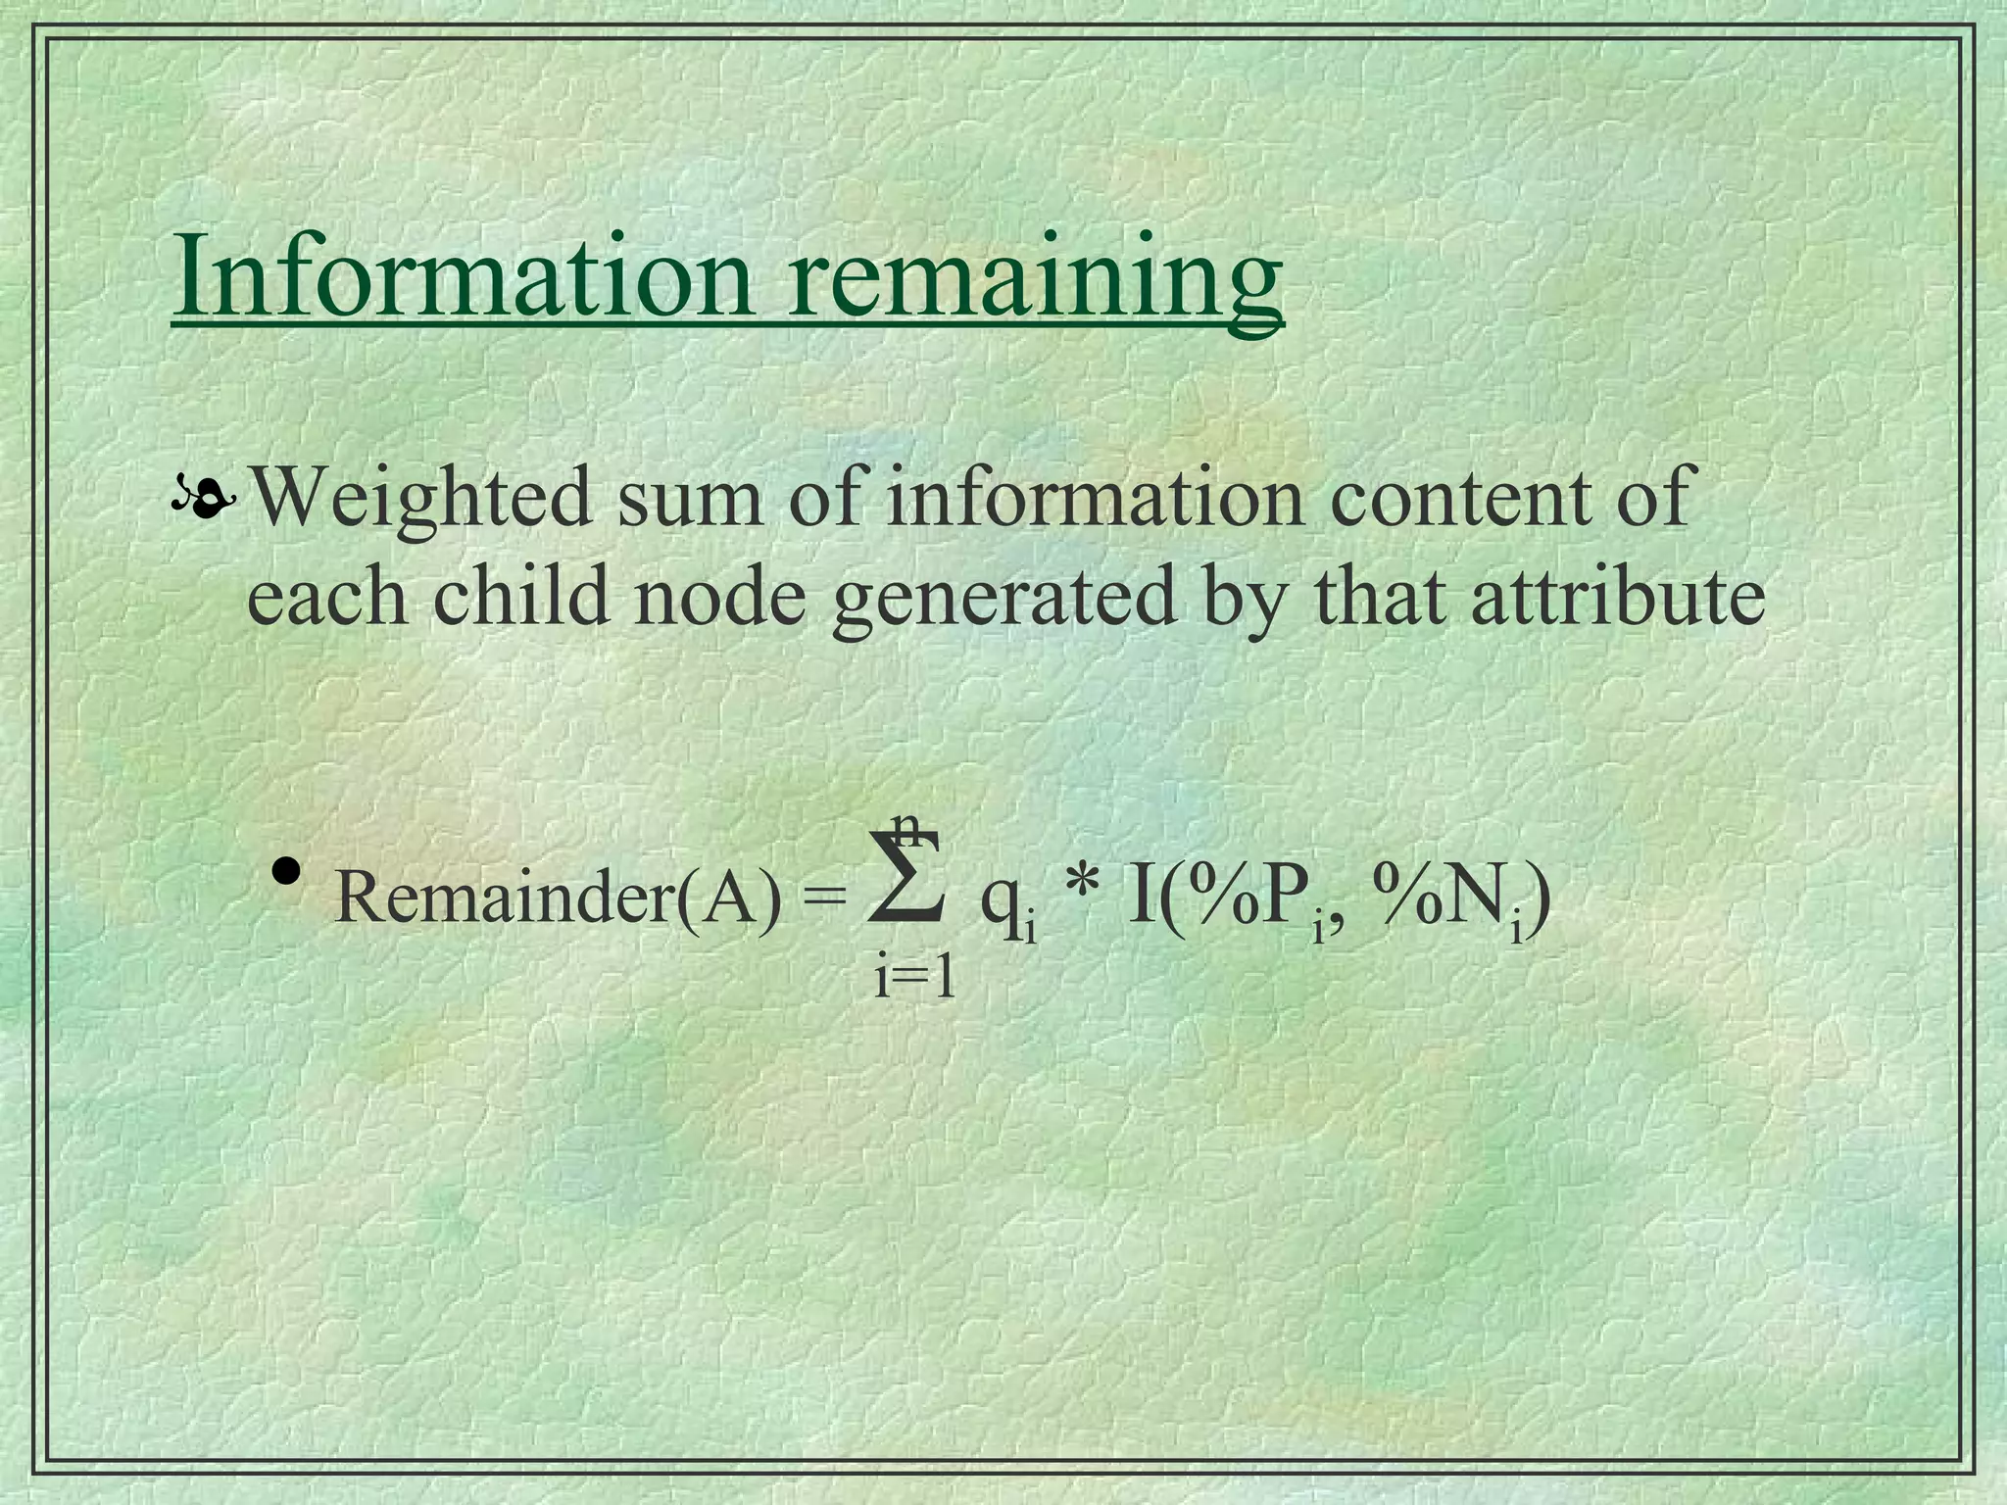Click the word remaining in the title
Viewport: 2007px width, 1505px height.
pyautogui.click(x=1035, y=279)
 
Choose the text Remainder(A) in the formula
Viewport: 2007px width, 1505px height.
pyautogui.click(x=559, y=898)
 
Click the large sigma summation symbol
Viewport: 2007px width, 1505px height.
pyautogui.click(x=907, y=877)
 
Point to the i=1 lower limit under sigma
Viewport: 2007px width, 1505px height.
pyautogui.click(x=913, y=978)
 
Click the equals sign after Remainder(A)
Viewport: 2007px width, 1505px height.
pyautogui.click(x=824, y=898)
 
